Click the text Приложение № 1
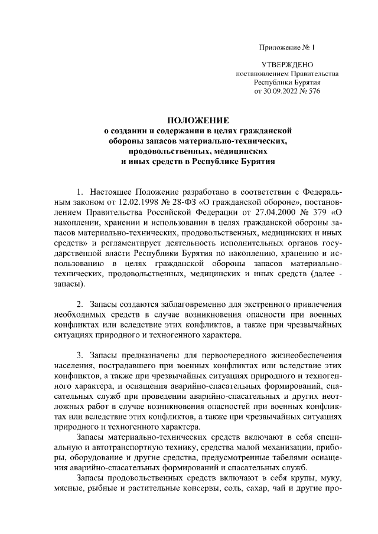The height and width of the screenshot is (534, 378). (287, 47)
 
